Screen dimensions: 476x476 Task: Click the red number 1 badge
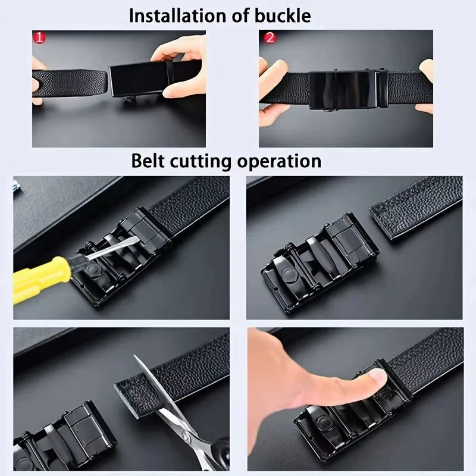point(39,38)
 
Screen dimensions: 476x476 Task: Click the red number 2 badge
point(270,38)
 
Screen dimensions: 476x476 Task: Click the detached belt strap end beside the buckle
point(416,205)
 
